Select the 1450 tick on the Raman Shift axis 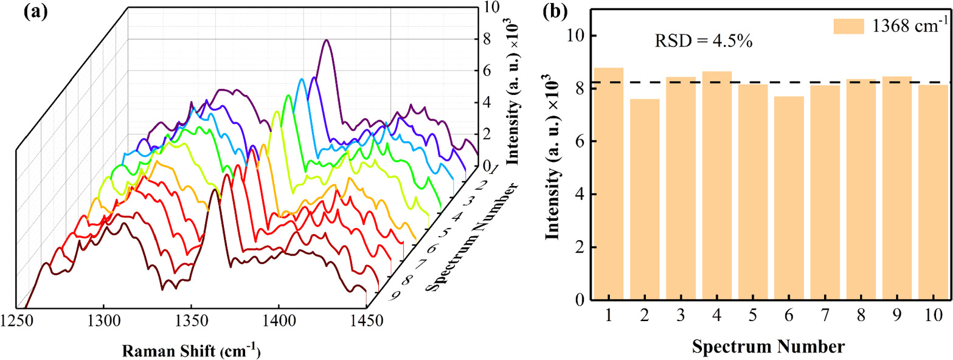pos(366,321)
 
